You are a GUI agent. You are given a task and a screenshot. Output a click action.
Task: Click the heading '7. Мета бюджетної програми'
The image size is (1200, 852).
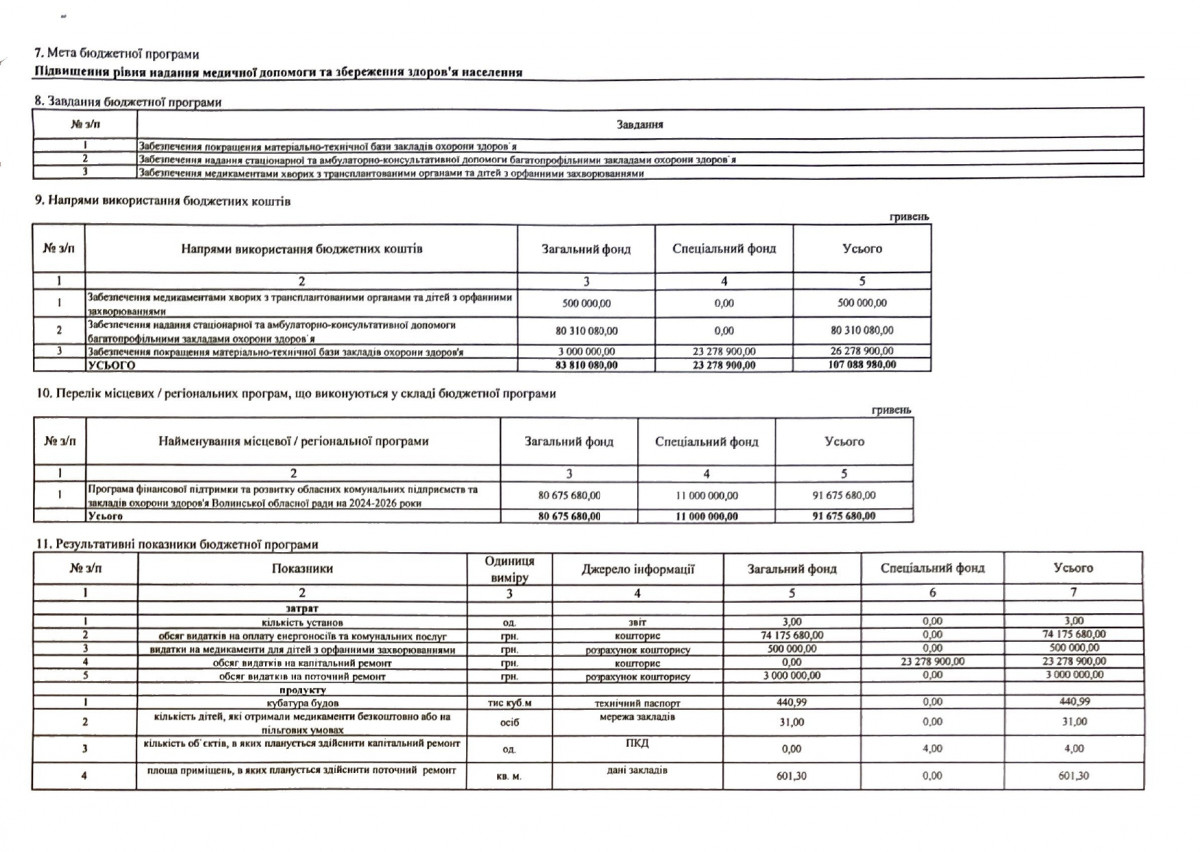point(117,53)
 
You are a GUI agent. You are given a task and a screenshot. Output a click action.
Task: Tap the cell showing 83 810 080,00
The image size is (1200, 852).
point(585,365)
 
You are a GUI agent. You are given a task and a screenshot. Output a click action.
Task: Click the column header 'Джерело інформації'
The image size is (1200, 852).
point(638,569)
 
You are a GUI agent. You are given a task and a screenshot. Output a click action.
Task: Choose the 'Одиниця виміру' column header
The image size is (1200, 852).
point(509,569)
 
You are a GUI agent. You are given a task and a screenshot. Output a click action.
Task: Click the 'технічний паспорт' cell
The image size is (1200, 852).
point(637,702)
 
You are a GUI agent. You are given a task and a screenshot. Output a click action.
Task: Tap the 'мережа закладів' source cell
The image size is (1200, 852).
point(637,717)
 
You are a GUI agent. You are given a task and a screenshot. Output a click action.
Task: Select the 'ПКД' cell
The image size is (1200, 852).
point(637,744)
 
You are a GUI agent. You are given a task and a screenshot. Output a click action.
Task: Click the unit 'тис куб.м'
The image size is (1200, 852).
point(509,703)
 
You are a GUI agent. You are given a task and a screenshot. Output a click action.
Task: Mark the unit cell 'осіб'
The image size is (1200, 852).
point(509,723)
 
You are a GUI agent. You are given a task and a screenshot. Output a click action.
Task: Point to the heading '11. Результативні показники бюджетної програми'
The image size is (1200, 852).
point(176,544)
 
